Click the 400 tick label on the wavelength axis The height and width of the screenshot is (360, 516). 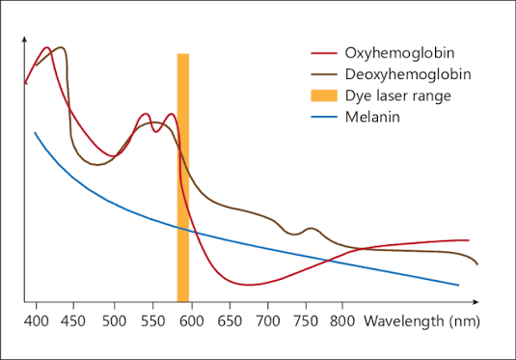[x=37, y=321]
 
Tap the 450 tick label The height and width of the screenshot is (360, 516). [x=73, y=321]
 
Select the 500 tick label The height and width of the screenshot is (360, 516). [x=114, y=321]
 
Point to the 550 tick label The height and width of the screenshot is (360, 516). [x=152, y=321]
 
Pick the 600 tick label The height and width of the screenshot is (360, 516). [x=192, y=321]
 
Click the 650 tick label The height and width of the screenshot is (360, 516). [x=230, y=321]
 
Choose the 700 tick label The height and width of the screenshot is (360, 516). [x=268, y=321]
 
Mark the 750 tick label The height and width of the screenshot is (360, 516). [x=307, y=321]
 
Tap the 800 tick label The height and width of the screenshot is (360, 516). [x=342, y=321]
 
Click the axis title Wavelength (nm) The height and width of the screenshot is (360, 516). [x=421, y=321]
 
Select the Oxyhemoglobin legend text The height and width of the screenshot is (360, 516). [x=399, y=53]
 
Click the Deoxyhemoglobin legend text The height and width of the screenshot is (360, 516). [x=408, y=74]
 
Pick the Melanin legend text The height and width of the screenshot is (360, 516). [x=372, y=117]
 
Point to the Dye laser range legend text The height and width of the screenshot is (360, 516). [x=398, y=96]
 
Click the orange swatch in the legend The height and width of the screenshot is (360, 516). [x=324, y=96]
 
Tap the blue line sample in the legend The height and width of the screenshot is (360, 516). [x=324, y=117]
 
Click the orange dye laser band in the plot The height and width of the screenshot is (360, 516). [x=183, y=178]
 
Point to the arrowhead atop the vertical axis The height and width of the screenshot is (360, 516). [x=24, y=39]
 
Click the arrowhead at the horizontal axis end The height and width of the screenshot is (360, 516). [x=475, y=302]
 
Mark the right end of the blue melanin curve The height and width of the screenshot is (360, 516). [x=458, y=286]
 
